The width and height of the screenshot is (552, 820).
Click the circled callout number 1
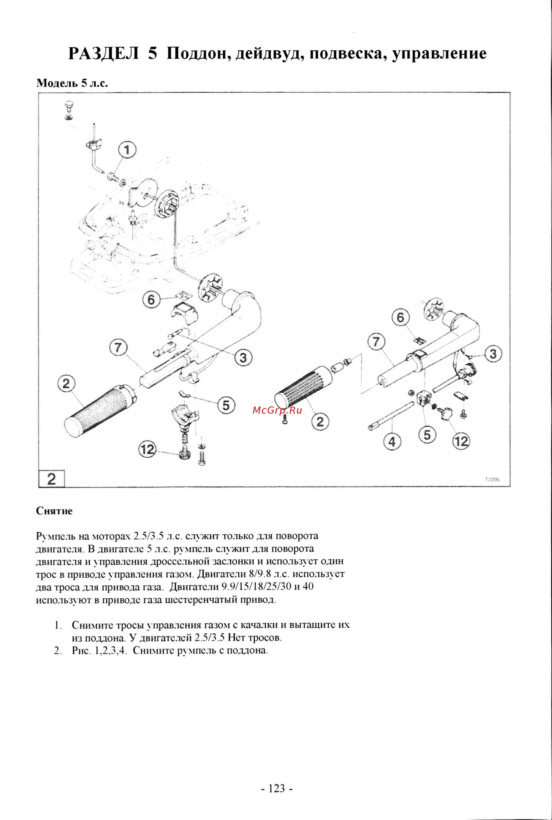[127, 151]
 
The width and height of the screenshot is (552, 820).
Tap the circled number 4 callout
[392, 441]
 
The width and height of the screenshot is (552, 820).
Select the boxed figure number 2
[51, 479]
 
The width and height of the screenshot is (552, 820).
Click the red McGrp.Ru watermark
[277, 410]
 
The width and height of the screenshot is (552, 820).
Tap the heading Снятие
[54, 511]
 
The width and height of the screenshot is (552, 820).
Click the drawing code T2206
[492, 479]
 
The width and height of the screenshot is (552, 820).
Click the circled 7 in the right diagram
[376, 341]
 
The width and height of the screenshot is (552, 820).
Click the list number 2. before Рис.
[58, 650]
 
